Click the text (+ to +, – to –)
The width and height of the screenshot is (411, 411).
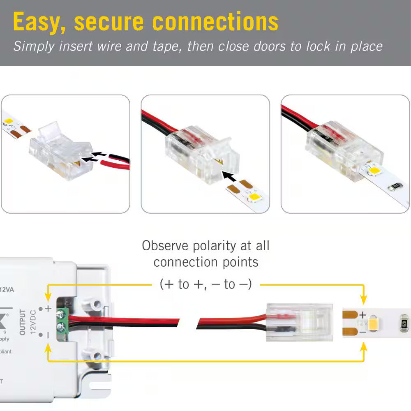pyautogui.click(x=205, y=284)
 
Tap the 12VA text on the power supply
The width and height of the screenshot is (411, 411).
pyautogui.click(x=7, y=289)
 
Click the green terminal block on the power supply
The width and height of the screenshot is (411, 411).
pyautogui.click(x=61, y=321)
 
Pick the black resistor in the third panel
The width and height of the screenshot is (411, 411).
pyautogui.click(x=394, y=186)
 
